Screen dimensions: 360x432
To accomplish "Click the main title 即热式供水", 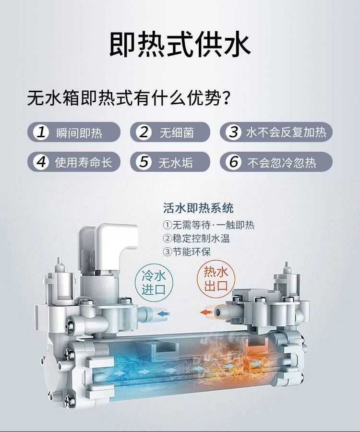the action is (180, 45).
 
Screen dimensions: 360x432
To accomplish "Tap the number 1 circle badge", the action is (41, 132).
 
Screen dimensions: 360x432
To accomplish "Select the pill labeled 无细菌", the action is (170, 132).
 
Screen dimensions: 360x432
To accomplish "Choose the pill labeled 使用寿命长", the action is (74, 162).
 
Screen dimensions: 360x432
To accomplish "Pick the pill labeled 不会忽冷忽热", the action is (276, 162).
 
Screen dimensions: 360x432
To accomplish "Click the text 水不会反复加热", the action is (286, 132).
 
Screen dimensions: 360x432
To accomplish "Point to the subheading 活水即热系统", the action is (198, 208).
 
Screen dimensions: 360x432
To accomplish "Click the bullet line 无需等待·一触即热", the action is (208, 225).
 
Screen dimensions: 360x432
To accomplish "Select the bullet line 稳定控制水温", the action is (196, 238).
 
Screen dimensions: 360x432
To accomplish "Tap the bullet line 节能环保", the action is (187, 252).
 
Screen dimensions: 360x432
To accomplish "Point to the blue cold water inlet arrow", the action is (164, 313).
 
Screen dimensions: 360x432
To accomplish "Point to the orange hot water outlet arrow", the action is (206, 312).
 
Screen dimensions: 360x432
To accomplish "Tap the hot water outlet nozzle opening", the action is (217, 312).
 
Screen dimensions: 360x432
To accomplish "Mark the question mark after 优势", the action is (227, 98).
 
